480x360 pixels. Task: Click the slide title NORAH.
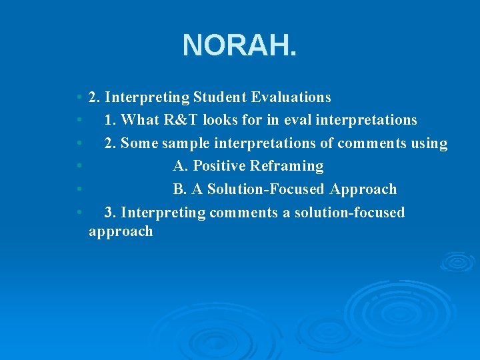pyautogui.click(x=239, y=45)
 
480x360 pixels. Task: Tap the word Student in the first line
pyautogui.click(x=220, y=97)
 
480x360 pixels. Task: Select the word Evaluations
pyautogui.click(x=291, y=97)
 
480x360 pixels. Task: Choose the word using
pyautogui.click(x=427, y=143)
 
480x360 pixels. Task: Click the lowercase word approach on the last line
pyautogui.click(x=121, y=232)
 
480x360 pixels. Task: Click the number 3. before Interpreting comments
pyautogui.click(x=111, y=213)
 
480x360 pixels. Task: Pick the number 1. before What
pyautogui.click(x=111, y=120)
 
